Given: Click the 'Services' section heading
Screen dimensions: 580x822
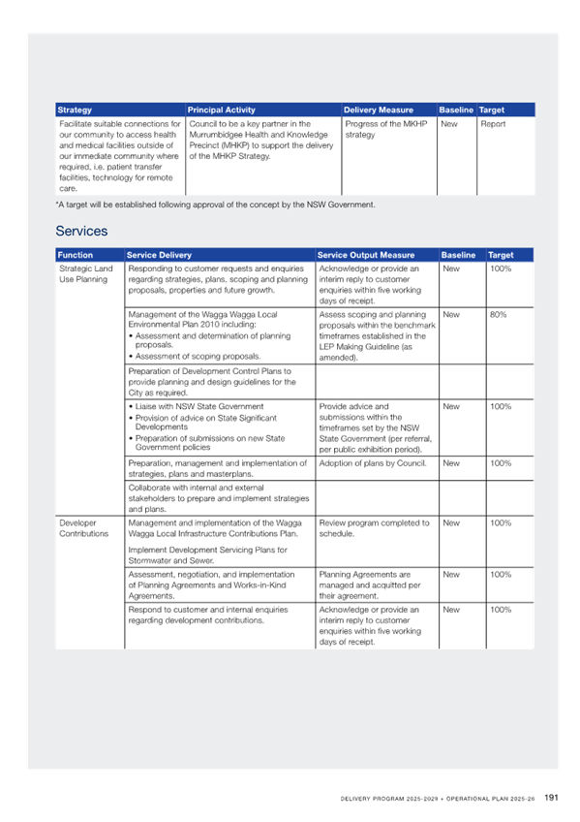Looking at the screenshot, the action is (81, 231).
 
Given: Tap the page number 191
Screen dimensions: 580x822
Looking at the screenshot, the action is (551, 798).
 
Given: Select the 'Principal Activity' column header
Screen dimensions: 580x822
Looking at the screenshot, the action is (222, 111).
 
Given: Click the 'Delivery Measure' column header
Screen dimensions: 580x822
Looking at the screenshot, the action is (379, 111).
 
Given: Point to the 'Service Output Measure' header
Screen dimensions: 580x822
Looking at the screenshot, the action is (366, 255).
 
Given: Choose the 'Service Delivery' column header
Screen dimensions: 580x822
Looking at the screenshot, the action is (159, 255).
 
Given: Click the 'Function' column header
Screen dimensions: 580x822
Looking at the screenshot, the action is (75, 255).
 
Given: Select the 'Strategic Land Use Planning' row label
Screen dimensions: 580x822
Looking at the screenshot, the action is (86, 274).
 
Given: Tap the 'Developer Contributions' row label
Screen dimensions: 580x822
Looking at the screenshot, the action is (83, 528).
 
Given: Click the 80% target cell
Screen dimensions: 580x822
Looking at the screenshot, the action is (499, 314).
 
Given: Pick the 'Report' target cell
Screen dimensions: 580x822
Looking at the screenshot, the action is (493, 124).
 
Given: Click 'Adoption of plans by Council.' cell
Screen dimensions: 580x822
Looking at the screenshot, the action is (373, 463).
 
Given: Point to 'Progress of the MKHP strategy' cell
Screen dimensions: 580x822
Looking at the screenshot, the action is (386, 130).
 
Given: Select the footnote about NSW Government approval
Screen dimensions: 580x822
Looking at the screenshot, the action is (216, 205).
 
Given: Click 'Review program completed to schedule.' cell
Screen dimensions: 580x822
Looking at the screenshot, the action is (375, 528).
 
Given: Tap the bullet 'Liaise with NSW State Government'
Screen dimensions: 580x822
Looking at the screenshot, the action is (196, 407).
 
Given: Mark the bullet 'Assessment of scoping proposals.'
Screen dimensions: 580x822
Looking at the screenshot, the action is (195, 357).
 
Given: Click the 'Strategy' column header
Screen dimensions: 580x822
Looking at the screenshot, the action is (75, 111).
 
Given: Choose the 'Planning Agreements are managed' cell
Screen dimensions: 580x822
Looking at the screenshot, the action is (370, 585).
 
